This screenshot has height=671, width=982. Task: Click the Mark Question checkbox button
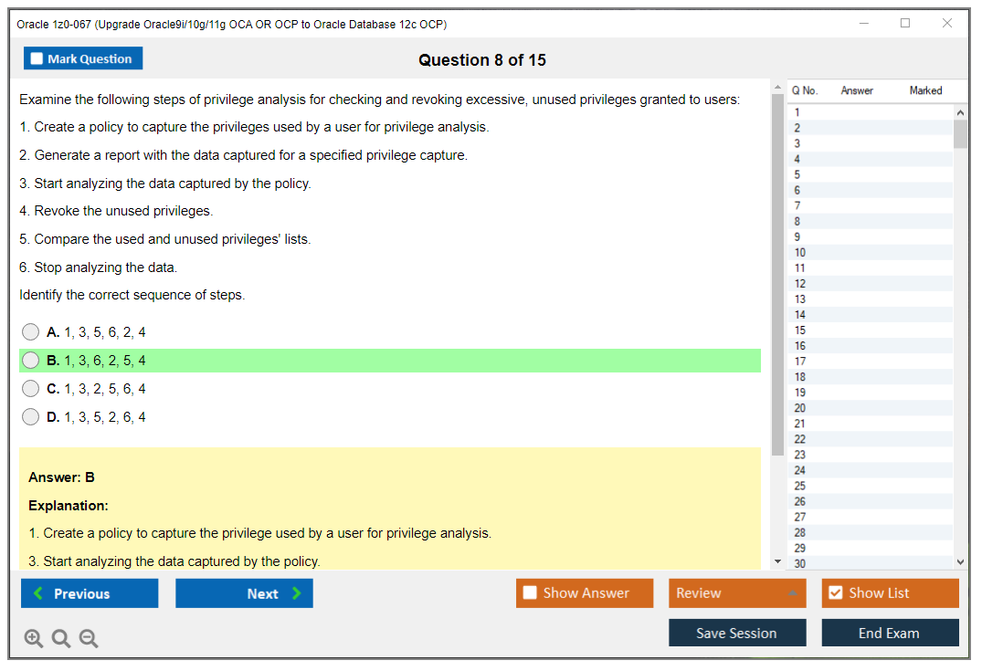83,58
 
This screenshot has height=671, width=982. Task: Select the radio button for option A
31,332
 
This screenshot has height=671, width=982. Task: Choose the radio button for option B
31,361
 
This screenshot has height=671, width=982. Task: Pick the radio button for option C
31,389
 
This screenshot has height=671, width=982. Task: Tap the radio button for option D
31,417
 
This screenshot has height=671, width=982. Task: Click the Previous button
90,593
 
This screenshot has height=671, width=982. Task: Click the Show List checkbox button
890,593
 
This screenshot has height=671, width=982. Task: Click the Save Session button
737,633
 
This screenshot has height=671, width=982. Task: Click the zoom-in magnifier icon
34,639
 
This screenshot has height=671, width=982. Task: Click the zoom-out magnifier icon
89,639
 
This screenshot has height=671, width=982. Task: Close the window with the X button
947,24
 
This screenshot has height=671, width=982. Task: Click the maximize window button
905,24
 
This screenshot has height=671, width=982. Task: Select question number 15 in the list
800,330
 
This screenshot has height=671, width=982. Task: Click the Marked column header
925,90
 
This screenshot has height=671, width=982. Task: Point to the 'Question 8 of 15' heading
482,60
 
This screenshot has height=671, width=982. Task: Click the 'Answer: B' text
61,477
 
